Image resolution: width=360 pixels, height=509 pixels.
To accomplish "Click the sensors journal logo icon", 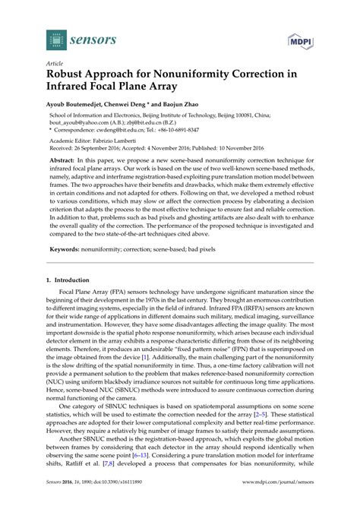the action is pos(32,36).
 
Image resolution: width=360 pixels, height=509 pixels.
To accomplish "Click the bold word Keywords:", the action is pos(68,248).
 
